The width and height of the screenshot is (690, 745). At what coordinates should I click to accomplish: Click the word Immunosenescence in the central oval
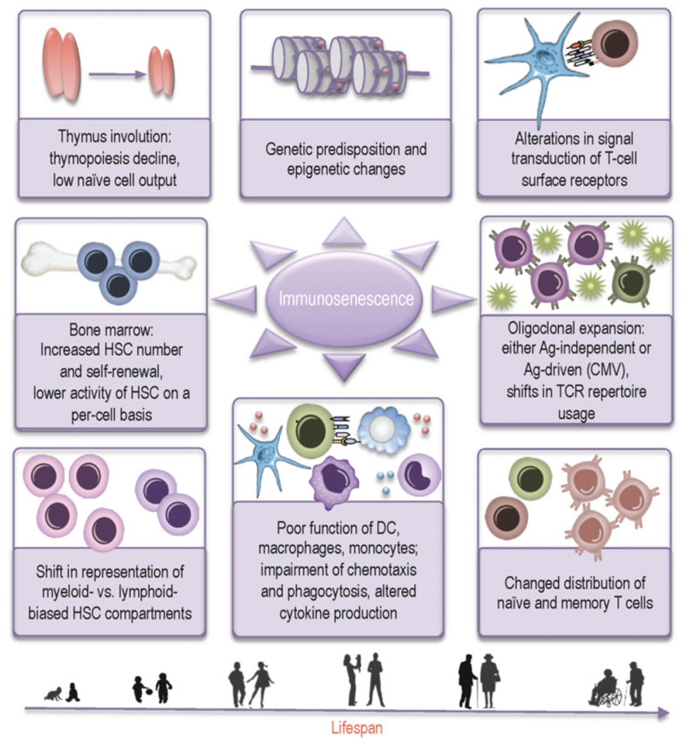click(346, 298)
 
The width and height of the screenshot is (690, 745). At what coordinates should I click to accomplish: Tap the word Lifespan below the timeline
click(356, 728)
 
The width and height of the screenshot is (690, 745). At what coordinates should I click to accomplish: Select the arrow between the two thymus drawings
click(118, 75)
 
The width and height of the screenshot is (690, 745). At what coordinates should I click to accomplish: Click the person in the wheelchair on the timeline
click(606, 690)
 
